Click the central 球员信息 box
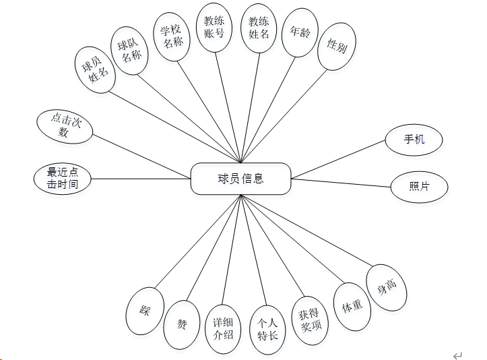(240, 179)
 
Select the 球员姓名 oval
(94, 68)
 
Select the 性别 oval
(337, 47)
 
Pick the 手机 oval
(414, 141)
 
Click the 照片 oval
(419, 187)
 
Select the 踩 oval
(145, 311)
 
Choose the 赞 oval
(182, 324)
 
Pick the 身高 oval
(387, 287)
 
